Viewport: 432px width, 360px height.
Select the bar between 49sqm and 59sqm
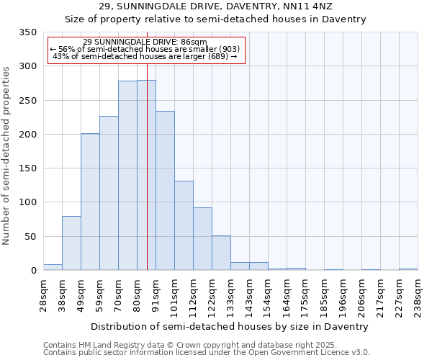coord(90,202)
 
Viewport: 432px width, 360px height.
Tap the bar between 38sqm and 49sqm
coord(71,243)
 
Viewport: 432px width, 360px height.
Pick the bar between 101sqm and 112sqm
coord(184,225)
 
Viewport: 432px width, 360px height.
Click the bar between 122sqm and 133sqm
coord(221,253)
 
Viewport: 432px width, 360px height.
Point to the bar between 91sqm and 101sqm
coord(165,191)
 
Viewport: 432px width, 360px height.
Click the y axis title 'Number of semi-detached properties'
coord(7,155)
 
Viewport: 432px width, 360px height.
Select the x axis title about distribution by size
coord(230,326)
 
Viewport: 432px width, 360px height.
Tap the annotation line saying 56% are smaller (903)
coord(145,49)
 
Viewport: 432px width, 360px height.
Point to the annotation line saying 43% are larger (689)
coord(145,56)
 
